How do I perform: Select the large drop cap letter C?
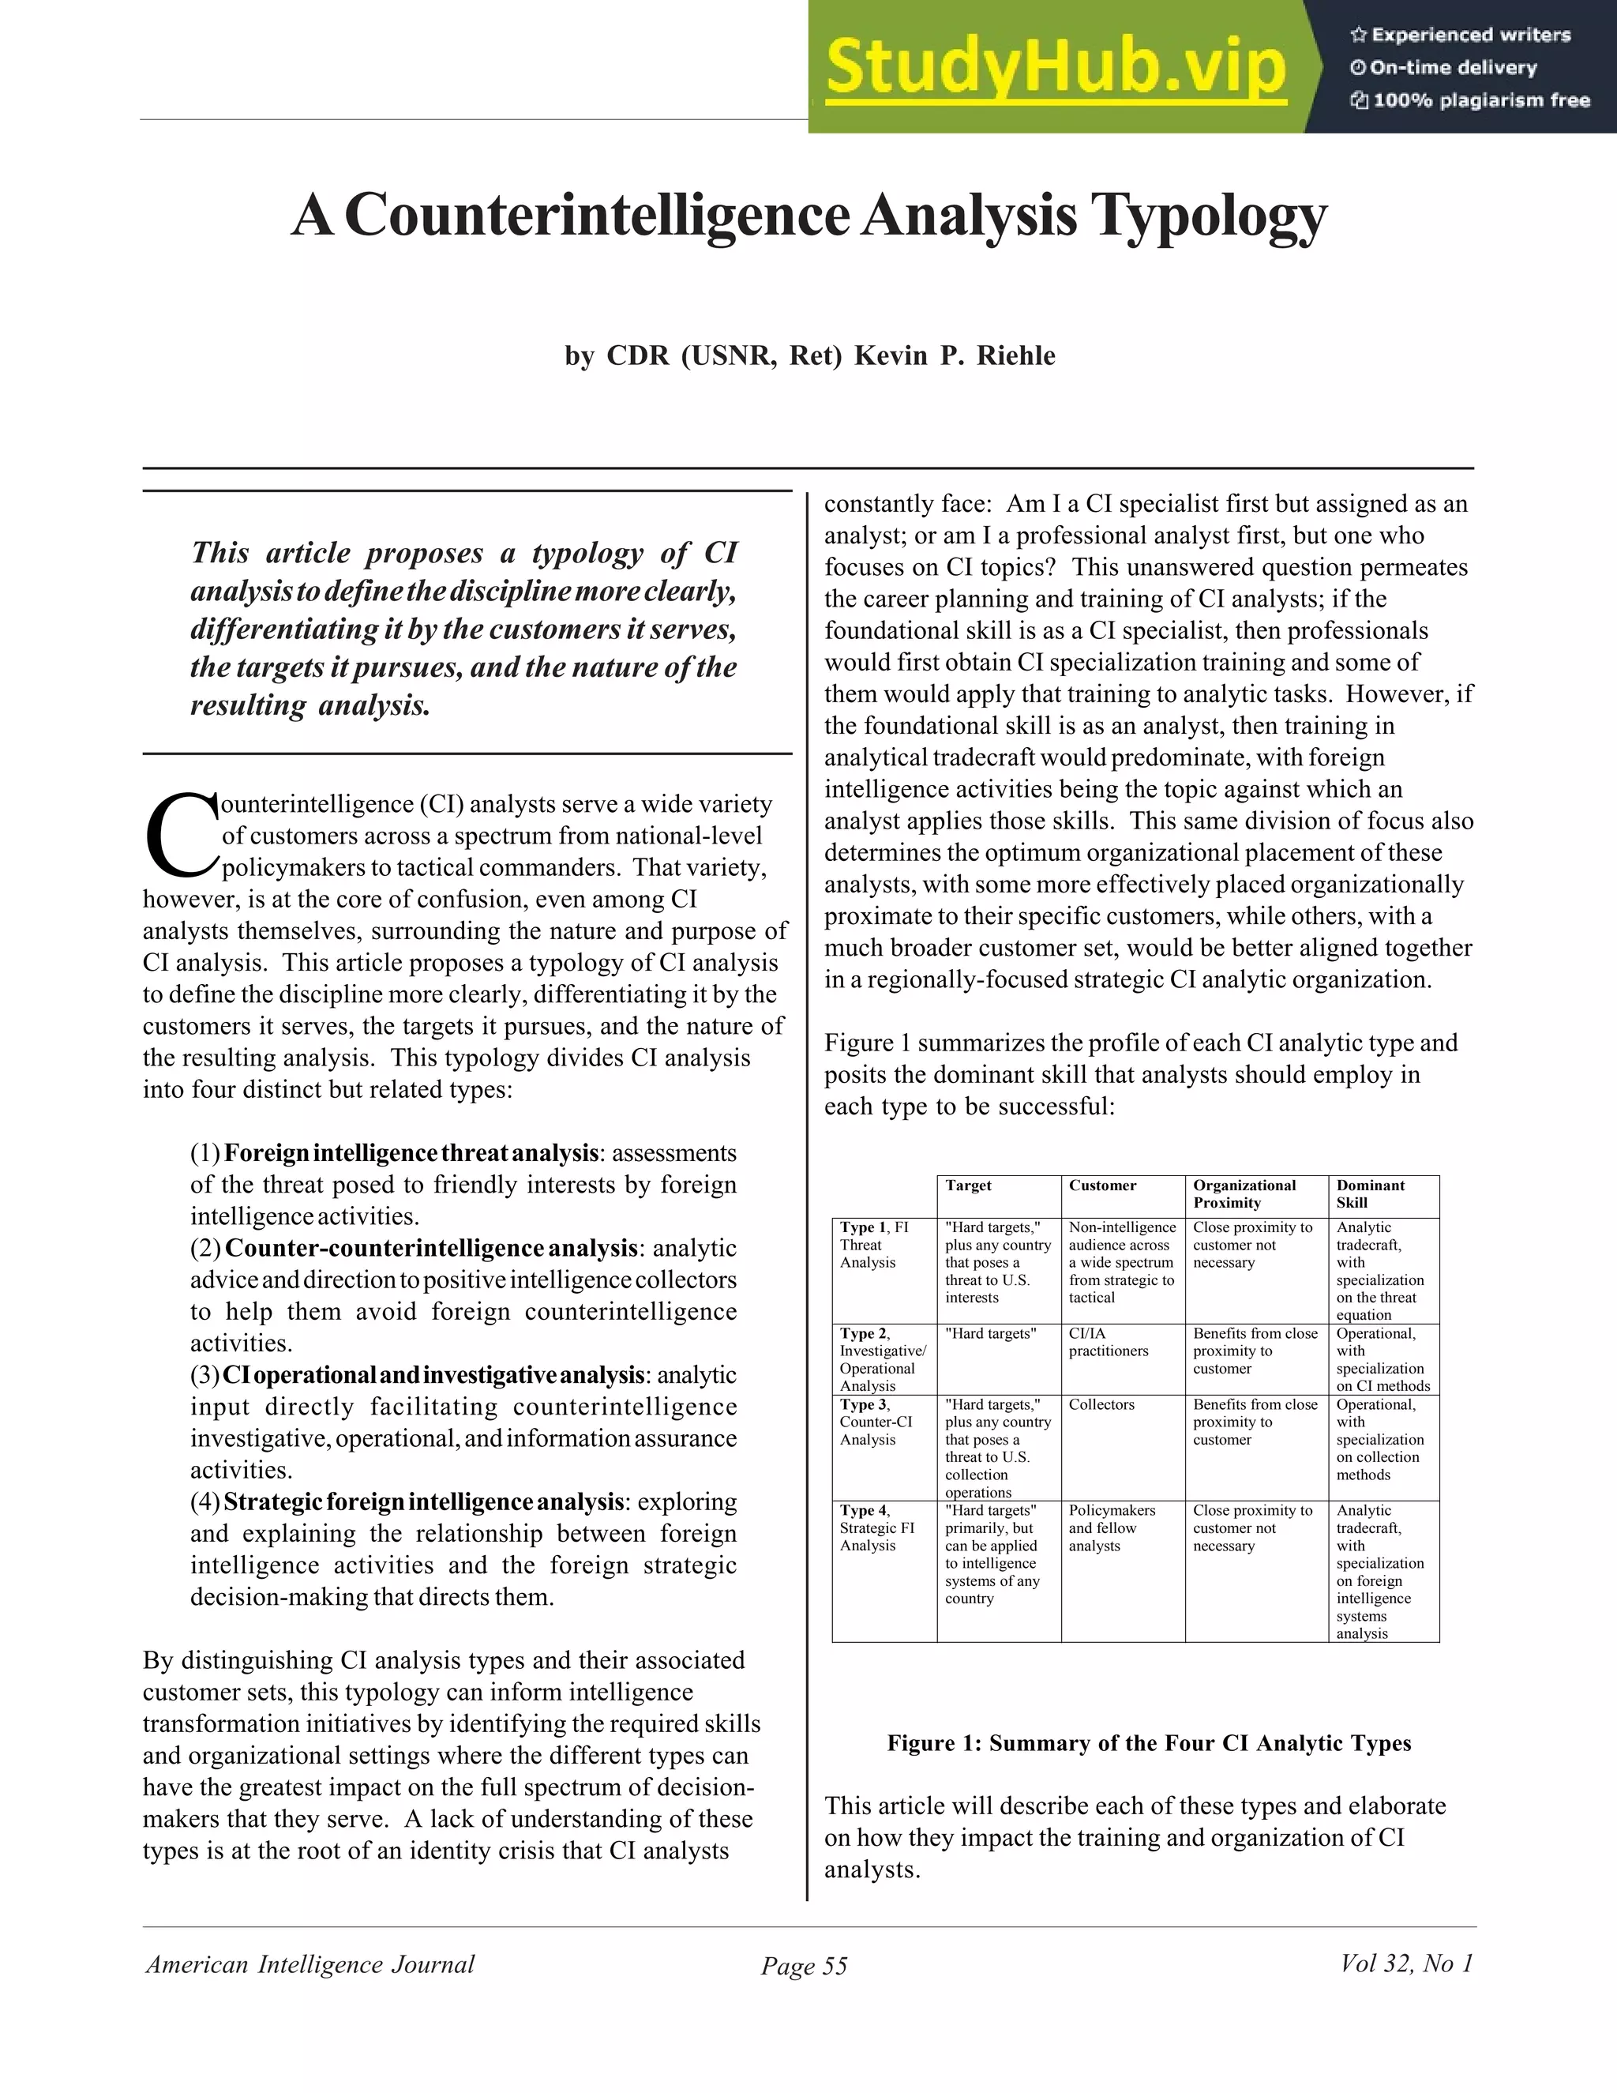[x=180, y=835]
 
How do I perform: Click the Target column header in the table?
[x=969, y=1186]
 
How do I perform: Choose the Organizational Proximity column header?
[x=1244, y=1193]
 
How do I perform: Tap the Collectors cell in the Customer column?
[x=1101, y=1405]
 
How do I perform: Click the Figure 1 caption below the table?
[x=1149, y=1742]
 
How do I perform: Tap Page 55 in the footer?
[x=804, y=1966]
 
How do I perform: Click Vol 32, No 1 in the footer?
[x=1405, y=1963]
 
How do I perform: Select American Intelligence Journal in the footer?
[x=310, y=1964]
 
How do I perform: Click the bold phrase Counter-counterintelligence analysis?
[x=430, y=1248]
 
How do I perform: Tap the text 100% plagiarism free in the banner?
[x=1481, y=100]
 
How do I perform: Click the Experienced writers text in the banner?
[x=1470, y=36]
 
